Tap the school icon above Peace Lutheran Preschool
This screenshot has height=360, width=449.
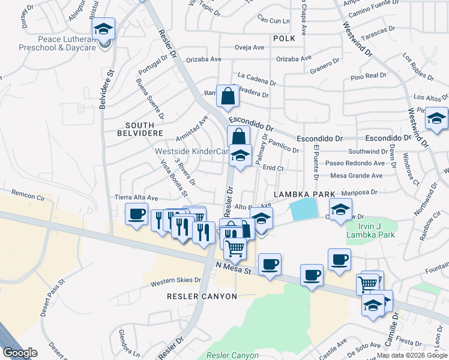point(103,29)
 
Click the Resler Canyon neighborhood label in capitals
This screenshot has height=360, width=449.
point(202,296)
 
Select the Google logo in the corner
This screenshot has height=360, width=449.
point(20,353)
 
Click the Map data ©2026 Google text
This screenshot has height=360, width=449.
point(412,355)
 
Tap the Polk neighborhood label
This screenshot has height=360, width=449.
point(284,38)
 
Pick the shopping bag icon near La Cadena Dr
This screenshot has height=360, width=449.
point(228,96)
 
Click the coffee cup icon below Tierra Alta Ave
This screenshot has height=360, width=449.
point(137,214)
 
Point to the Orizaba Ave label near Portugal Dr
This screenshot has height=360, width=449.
point(204,59)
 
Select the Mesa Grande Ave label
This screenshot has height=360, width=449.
point(357,176)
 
